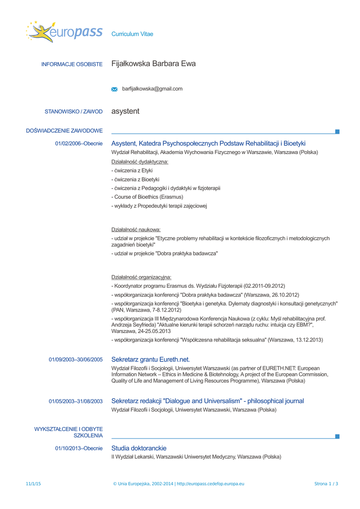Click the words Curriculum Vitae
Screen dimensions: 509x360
click(x=132, y=34)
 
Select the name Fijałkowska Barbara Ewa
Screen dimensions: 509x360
click(x=154, y=64)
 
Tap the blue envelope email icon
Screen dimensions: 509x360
click(x=115, y=89)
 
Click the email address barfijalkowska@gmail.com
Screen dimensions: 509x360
click(x=152, y=89)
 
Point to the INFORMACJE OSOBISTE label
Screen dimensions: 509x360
click(x=72, y=64)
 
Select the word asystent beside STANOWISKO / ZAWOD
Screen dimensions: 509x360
click(x=125, y=111)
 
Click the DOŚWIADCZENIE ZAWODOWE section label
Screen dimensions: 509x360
click(x=64, y=131)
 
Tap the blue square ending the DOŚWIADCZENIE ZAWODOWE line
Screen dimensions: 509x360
click(x=337, y=132)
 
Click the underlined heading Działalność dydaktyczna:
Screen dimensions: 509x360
click(x=140, y=162)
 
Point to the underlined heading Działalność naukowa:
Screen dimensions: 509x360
click(x=136, y=230)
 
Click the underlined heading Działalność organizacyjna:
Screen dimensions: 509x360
click(x=141, y=277)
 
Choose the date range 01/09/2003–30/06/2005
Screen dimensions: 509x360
click(x=76, y=359)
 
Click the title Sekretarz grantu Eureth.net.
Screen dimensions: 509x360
click(x=151, y=359)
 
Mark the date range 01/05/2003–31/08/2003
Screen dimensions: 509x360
click(x=76, y=401)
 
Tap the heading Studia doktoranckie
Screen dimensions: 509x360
click(x=139, y=448)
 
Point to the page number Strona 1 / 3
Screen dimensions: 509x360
click(x=326, y=484)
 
